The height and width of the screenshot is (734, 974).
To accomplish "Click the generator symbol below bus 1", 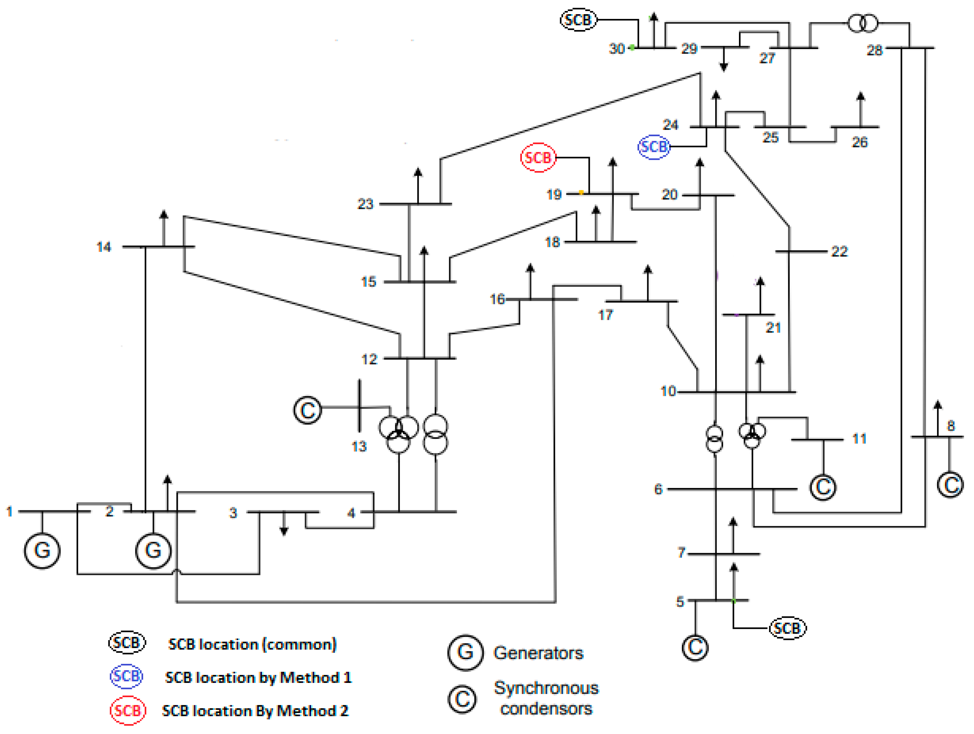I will tap(42, 550).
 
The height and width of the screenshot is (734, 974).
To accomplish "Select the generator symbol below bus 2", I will tap(153, 550).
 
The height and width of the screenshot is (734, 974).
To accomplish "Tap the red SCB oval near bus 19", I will tap(538, 157).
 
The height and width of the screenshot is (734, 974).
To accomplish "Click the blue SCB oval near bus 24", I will tap(654, 147).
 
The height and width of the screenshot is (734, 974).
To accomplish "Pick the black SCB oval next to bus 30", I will tap(578, 20).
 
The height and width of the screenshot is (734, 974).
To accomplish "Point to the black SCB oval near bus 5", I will tap(787, 628).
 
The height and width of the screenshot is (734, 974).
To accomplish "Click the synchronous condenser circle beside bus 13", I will tap(307, 410).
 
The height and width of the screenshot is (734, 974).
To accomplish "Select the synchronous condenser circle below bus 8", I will tap(950, 485).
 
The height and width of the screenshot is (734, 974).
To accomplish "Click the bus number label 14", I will tap(104, 247).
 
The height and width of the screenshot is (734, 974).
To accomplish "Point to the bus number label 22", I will tap(839, 252).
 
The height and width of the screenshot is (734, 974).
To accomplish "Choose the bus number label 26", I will tap(859, 142).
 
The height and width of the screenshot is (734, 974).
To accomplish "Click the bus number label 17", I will tap(605, 315).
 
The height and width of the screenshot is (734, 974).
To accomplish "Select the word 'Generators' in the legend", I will tap(538, 653).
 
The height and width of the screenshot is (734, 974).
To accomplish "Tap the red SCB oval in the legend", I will tap(128, 710).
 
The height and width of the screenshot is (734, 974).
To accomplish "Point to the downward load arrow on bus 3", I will tap(284, 531).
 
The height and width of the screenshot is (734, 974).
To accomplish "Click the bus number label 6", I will tap(658, 489).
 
